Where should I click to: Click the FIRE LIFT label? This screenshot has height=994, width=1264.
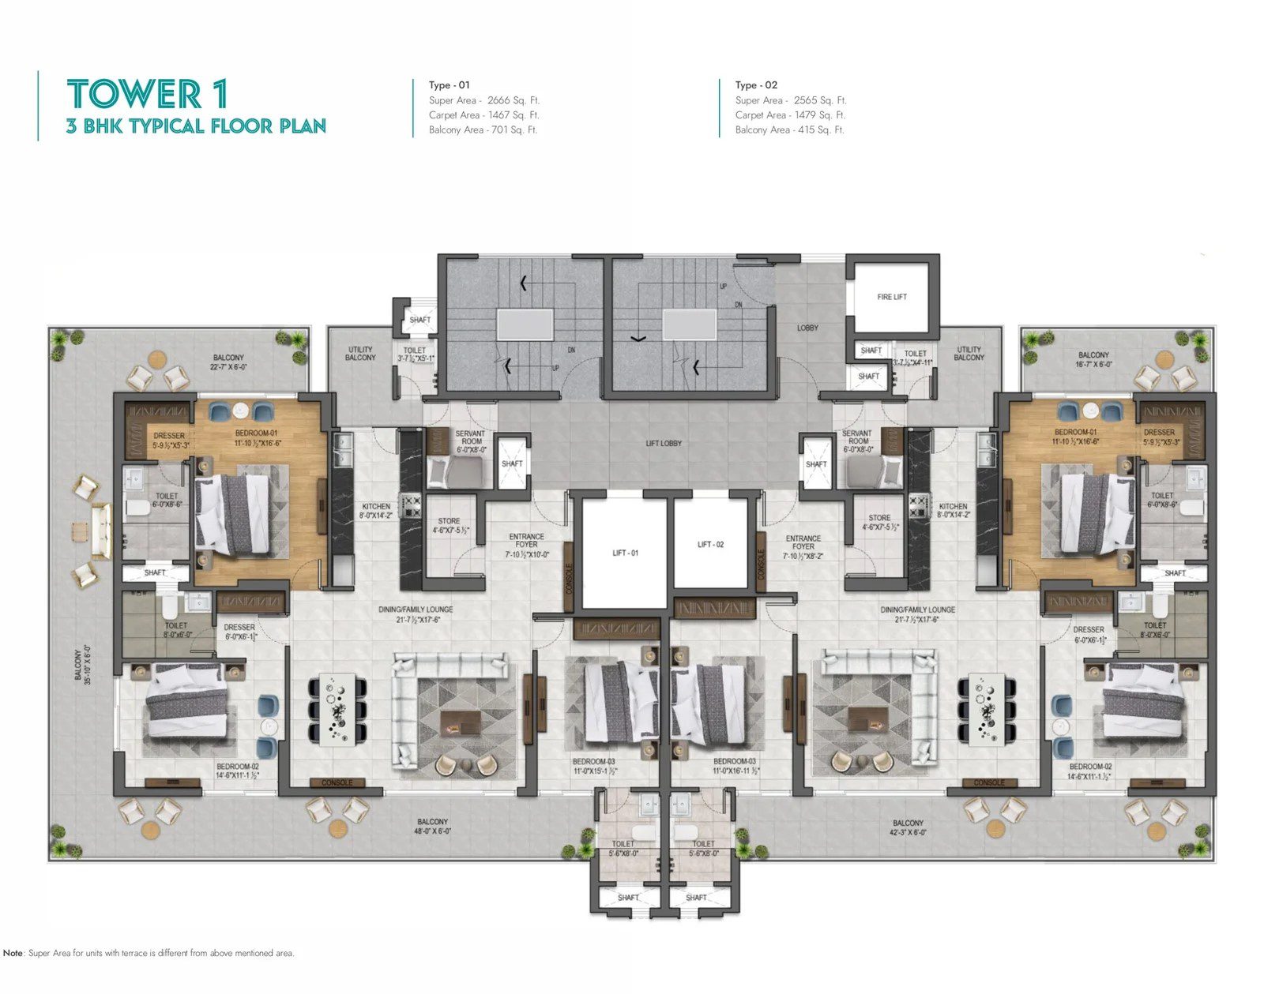coord(891,297)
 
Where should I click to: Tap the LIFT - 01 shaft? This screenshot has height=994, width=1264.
coord(625,553)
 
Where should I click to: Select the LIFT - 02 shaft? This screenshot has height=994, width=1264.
coord(710,544)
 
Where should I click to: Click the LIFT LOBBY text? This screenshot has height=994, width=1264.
coord(663,443)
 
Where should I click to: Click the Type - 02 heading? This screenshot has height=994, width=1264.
coord(756,85)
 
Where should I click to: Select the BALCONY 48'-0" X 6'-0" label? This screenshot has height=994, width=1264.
coord(432,826)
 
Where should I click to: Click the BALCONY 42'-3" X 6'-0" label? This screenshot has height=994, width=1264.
coord(908,827)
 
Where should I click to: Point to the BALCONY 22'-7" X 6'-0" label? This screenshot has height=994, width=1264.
coord(228,362)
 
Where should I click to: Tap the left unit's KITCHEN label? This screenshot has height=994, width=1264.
coord(376,510)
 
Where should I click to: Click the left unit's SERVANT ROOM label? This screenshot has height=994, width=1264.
coord(470,441)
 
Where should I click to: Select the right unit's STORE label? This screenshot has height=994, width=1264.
coord(879,522)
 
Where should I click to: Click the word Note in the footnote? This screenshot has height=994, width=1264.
coord(13,953)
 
